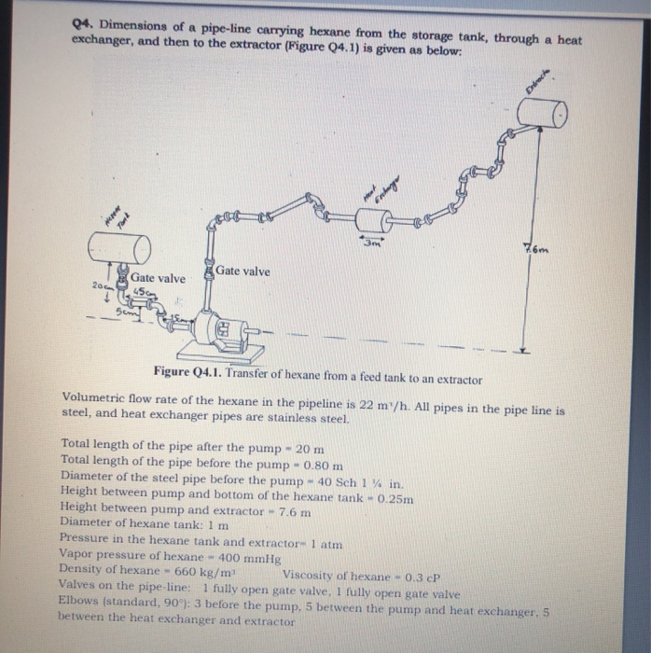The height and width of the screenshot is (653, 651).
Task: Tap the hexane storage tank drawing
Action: (118, 248)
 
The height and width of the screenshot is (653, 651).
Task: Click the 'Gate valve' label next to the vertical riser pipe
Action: (242, 271)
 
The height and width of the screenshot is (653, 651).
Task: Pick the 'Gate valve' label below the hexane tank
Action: (158, 278)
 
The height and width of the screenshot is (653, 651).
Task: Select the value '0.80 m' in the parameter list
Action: (324, 463)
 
